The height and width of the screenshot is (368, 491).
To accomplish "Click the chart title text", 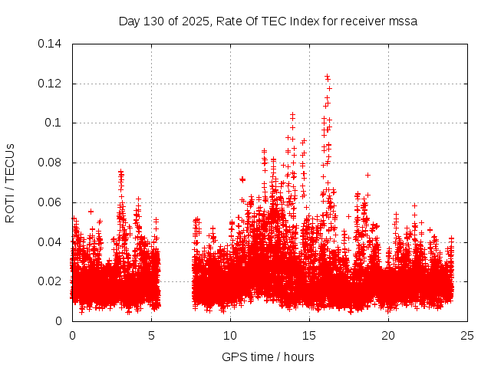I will [x=268, y=21].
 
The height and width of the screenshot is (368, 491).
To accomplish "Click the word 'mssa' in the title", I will [x=402, y=21].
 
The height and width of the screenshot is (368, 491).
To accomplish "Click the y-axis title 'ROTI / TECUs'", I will [x=10, y=182].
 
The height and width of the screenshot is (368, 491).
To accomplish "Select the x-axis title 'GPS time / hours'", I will [x=268, y=356].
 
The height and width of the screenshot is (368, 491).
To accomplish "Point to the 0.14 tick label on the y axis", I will [x=51, y=44].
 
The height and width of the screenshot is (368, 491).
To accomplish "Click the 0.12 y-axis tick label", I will [x=51, y=84].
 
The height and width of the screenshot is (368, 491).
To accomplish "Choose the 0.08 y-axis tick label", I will [x=51, y=163].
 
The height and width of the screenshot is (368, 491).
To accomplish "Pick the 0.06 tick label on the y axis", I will [x=51, y=202].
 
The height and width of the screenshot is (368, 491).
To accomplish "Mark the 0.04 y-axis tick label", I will [x=51, y=242].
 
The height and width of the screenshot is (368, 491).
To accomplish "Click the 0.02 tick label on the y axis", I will [x=51, y=281].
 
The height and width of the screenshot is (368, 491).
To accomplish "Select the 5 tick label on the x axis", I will [x=151, y=336].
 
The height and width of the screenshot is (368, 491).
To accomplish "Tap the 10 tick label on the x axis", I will [x=230, y=336].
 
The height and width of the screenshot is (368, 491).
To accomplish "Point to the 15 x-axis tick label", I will [x=309, y=336].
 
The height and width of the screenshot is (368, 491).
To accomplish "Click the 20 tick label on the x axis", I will [x=388, y=336].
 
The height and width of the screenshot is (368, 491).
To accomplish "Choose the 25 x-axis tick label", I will [x=467, y=336].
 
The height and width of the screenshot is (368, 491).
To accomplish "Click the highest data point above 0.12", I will [x=327, y=77].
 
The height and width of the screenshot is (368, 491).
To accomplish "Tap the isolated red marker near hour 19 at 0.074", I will [x=367, y=175].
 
